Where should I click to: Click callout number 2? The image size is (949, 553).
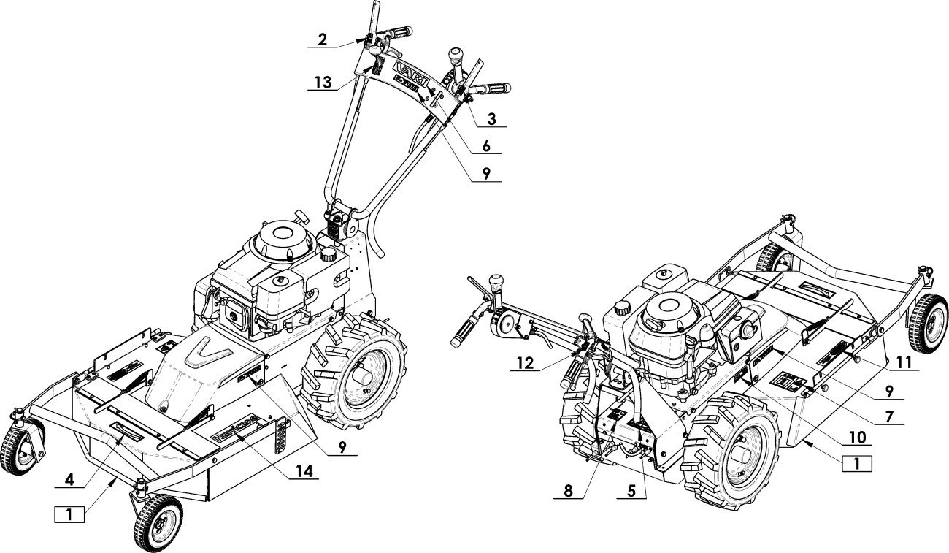click(322, 39)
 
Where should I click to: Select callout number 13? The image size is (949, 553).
click(322, 82)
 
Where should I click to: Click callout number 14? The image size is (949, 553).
click(303, 473)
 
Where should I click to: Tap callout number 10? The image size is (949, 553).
click(857, 438)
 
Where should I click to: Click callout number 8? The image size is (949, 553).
click(569, 490)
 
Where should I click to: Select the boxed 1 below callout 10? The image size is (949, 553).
click(857, 464)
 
